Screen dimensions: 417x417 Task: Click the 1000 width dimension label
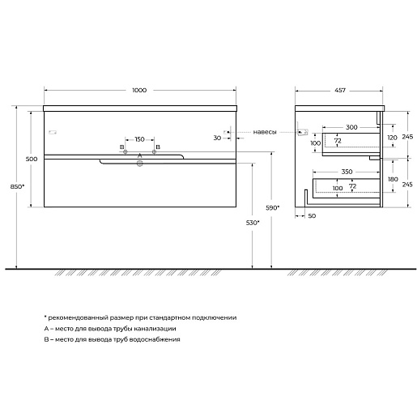click(139, 90)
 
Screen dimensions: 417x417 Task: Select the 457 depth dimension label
click(340, 90)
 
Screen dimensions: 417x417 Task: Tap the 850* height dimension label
click(18, 186)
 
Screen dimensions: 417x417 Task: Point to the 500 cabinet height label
click(32, 159)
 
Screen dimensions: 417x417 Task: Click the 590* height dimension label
click(273, 208)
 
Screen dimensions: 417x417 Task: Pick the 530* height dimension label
click(253, 223)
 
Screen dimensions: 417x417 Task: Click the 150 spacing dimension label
click(139, 139)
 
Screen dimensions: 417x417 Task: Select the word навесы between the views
click(265, 132)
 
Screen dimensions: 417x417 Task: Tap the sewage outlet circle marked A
click(139, 163)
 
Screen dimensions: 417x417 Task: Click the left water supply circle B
click(126, 152)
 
